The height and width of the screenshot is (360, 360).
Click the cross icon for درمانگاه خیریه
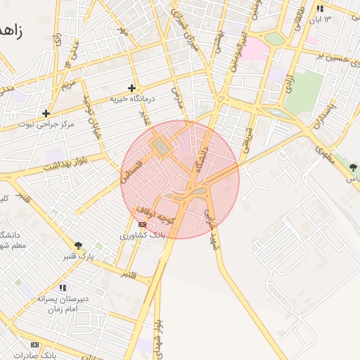[131, 88]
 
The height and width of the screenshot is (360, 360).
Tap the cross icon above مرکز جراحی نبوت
[46, 112]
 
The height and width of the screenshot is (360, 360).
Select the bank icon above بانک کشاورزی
[142, 225]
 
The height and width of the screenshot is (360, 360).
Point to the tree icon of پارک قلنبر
[78, 245]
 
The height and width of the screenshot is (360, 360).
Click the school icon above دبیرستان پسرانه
[63, 287]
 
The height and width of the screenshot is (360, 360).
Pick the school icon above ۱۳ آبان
[321, 9]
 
